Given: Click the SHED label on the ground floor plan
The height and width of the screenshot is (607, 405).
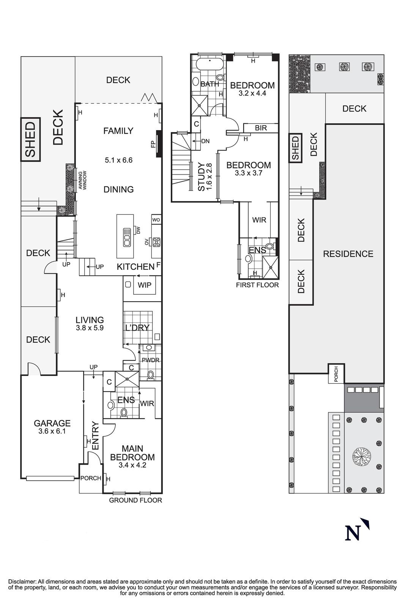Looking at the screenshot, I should (30, 139).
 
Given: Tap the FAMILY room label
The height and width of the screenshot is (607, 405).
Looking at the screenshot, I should (118, 131).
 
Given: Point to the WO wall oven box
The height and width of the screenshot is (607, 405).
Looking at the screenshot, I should (156, 220).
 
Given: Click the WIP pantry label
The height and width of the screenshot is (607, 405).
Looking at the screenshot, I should (144, 285).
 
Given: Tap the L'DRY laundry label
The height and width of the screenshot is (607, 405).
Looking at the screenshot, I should (137, 327).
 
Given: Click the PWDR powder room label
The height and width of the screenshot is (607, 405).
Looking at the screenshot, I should (150, 360).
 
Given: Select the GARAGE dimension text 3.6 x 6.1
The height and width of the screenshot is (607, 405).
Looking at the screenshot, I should (52, 431).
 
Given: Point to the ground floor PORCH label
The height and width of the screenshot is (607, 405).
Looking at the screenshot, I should (91, 478).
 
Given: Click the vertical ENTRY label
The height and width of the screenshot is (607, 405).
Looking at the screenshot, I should (95, 436).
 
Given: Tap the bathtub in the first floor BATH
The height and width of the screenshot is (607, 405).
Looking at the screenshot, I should (208, 63).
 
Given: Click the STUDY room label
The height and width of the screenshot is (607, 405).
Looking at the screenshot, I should (201, 176).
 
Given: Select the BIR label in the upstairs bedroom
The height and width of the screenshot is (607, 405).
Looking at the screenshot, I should (261, 128).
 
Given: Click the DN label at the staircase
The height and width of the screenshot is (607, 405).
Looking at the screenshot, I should (205, 141).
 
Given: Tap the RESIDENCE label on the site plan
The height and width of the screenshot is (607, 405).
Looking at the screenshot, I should (348, 254).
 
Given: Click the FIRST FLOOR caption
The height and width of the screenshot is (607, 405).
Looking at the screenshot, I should (257, 285).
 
